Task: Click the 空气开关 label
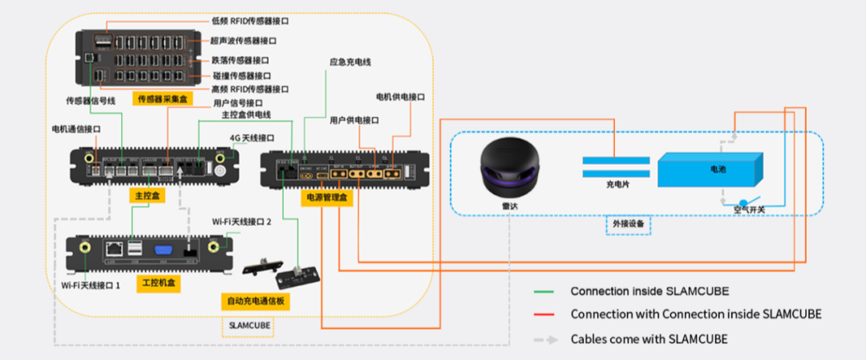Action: [751, 210]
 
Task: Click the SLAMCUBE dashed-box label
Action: [247, 326]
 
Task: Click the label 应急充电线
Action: [350, 62]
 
